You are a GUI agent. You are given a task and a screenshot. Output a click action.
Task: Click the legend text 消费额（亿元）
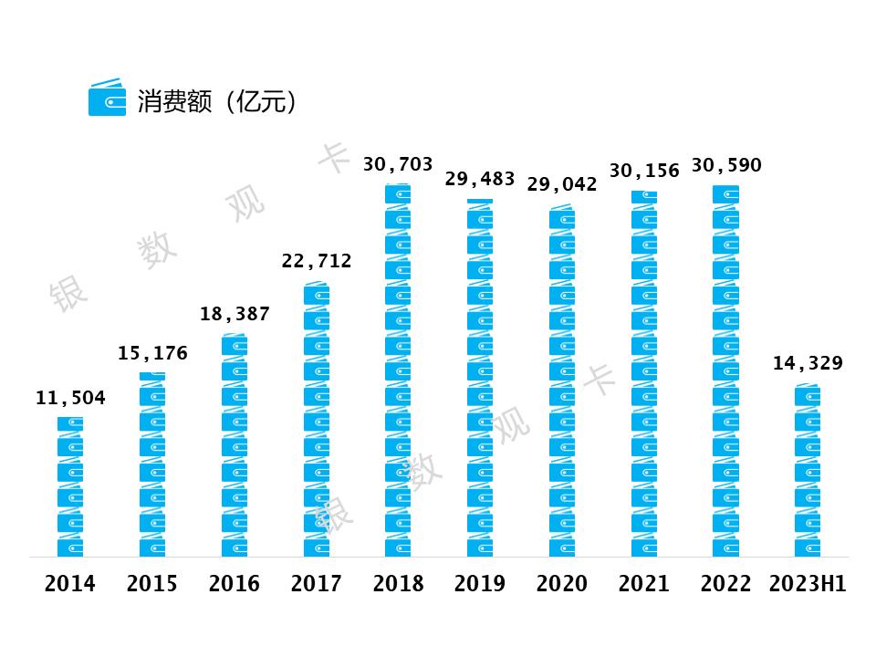coord(217,100)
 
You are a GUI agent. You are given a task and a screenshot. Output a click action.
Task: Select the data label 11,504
coord(70,398)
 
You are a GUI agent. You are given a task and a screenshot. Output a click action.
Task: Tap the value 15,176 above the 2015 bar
coord(152,353)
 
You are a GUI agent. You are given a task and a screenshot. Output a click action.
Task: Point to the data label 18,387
coord(235,314)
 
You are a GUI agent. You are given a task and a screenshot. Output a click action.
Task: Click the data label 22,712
coord(317,262)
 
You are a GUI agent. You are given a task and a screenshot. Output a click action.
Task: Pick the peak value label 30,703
coord(398,164)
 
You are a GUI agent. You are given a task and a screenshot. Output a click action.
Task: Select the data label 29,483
coord(480,178)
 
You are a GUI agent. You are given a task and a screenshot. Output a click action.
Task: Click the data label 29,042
coord(562,183)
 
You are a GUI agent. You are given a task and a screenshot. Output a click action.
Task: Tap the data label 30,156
coord(644,171)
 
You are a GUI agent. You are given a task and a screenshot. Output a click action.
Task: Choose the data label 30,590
coord(726,165)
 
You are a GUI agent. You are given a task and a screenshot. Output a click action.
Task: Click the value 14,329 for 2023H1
coord(808,363)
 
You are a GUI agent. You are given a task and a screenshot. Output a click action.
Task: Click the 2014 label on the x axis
coord(70,584)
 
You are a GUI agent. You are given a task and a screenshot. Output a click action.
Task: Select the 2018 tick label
coord(398,584)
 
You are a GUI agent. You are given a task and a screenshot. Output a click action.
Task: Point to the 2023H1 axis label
coord(808,584)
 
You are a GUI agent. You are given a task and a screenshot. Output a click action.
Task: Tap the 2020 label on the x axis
coord(562,584)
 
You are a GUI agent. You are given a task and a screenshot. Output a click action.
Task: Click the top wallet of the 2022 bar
coord(726,194)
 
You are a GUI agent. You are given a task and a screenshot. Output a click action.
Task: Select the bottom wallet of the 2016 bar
coord(235,546)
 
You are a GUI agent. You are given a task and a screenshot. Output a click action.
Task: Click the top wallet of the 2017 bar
coord(317,294)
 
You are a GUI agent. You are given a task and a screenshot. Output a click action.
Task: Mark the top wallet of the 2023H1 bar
coord(808,395)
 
